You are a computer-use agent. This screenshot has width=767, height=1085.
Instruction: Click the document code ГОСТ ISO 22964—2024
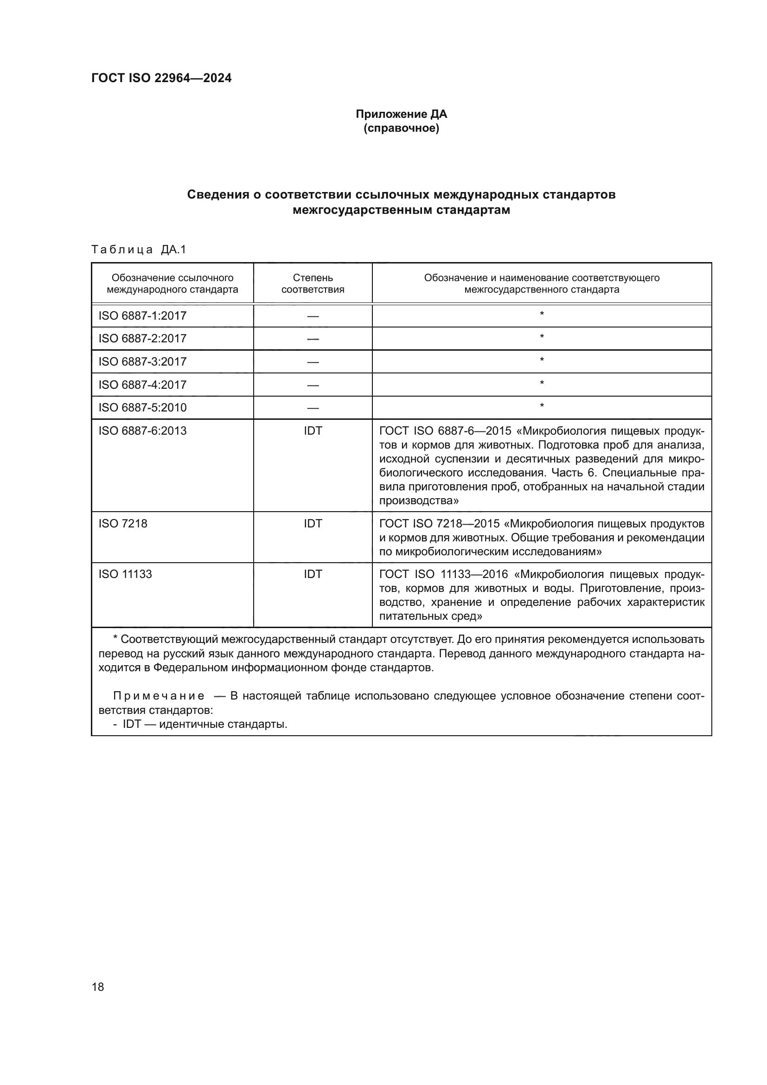(161, 78)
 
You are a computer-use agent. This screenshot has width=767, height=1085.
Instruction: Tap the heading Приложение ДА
(401, 114)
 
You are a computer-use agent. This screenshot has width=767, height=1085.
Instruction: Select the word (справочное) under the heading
(401, 128)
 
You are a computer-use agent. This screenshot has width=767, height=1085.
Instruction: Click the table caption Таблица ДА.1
(139, 250)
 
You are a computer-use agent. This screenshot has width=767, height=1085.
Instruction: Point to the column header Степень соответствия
(313, 283)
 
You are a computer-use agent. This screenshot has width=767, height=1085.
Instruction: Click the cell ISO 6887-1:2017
(142, 316)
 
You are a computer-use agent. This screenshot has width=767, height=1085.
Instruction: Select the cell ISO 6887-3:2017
(142, 361)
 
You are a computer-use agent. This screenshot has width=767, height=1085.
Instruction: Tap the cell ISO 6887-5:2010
(142, 407)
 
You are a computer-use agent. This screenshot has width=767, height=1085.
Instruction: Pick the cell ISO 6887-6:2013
(142, 430)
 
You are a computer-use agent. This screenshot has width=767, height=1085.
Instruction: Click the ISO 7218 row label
(123, 524)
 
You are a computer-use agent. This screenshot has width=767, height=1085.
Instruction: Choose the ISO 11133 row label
(125, 574)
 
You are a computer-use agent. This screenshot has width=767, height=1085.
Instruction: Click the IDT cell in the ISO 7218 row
(313, 524)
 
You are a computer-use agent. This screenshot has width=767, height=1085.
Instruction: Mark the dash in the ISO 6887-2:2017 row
(313, 339)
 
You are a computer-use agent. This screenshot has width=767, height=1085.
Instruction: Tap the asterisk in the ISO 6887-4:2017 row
(542, 383)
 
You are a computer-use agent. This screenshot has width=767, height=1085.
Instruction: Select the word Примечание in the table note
(159, 696)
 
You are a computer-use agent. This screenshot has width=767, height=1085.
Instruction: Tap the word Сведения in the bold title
(218, 195)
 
